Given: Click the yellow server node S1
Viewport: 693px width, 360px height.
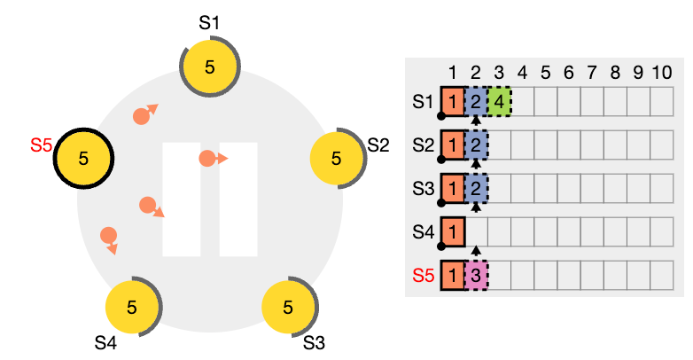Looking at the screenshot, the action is tap(209, 67).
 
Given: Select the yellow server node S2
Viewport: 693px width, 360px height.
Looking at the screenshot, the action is tap(337, 158).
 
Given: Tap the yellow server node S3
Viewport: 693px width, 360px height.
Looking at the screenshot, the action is tap(288, 307).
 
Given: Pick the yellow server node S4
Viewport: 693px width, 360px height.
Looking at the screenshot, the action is tap(132, 307).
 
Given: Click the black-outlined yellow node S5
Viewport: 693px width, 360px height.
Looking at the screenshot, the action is tap(83, 159).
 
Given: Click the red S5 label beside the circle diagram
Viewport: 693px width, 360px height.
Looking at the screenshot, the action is tap(41, 145).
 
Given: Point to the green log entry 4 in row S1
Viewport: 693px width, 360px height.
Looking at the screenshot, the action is tap(499, 102).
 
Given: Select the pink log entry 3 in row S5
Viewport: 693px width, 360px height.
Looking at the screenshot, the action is tap(476, 276).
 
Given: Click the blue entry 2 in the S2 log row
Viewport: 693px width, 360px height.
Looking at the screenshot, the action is tap(476, 145).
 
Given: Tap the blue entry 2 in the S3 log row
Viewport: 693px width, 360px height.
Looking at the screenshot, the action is tap(476, 189).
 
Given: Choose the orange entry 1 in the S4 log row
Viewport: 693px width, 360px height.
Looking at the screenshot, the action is tap(453, 231).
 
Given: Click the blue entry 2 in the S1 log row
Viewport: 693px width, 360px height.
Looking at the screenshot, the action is tap(476, 102).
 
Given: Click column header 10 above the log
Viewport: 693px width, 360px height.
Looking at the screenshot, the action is tap(662, 73).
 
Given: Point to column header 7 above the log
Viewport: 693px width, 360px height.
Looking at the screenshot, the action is tap(592, 73).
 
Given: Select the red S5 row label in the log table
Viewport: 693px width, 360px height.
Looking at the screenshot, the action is tap(424, 276).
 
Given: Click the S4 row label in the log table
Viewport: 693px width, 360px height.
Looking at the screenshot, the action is tap(424, 231).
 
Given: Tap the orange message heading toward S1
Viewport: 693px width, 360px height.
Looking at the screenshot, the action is tap(145, 114).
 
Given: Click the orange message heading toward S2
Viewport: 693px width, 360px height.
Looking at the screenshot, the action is tap(214, 159).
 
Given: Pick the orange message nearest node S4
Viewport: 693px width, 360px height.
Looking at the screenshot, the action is tap(109, 240).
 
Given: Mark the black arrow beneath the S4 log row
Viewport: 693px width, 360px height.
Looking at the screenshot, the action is tap(476, 251).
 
